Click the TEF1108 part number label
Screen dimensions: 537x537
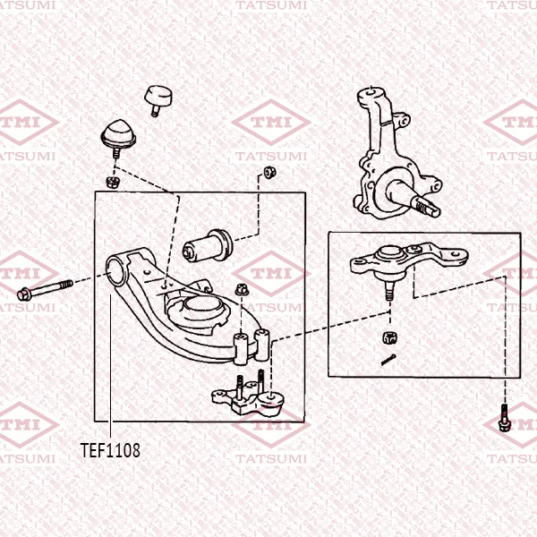coord(110,450)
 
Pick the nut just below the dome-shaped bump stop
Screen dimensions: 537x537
coord(111,182)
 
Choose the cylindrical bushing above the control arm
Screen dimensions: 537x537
coord(208,246)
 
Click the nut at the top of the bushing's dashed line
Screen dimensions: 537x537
coord(270,172)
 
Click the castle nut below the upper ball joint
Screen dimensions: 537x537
coord(389,337)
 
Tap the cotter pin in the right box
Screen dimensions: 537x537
coord(388,360)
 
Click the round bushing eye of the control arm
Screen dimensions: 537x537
coord(116,271)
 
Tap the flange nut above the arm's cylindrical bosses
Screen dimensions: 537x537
coord(243,289)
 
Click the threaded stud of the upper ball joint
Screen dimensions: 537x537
coord(389,291)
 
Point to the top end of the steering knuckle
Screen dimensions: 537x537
coord(372,92)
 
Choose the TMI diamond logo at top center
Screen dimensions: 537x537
coord(271,122)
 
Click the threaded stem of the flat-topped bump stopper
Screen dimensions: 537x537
coord(155,111)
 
